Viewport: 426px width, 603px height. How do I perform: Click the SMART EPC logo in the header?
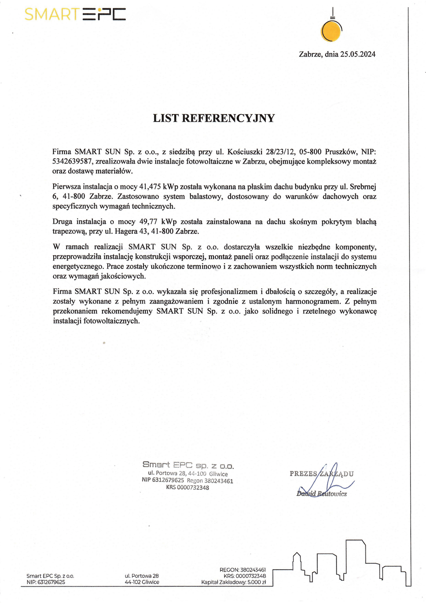point(75,14)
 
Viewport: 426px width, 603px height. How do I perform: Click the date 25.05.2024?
point(358,54)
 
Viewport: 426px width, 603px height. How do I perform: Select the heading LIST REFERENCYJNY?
point(214,118)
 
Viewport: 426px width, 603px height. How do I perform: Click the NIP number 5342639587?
point(72,161)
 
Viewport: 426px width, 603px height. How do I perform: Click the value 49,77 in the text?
point(148,222)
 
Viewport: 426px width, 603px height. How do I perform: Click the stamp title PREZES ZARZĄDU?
point(322,474)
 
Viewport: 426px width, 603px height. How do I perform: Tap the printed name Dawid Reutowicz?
point(322,494)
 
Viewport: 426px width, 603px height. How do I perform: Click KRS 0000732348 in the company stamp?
point(188,487)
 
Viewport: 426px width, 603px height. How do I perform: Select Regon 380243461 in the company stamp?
point(210,480)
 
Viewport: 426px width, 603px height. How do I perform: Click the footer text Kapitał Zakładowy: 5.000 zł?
point(233,582)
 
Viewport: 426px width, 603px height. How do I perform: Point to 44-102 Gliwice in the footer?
point(142,582)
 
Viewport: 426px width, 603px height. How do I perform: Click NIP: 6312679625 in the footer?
point(46,582)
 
